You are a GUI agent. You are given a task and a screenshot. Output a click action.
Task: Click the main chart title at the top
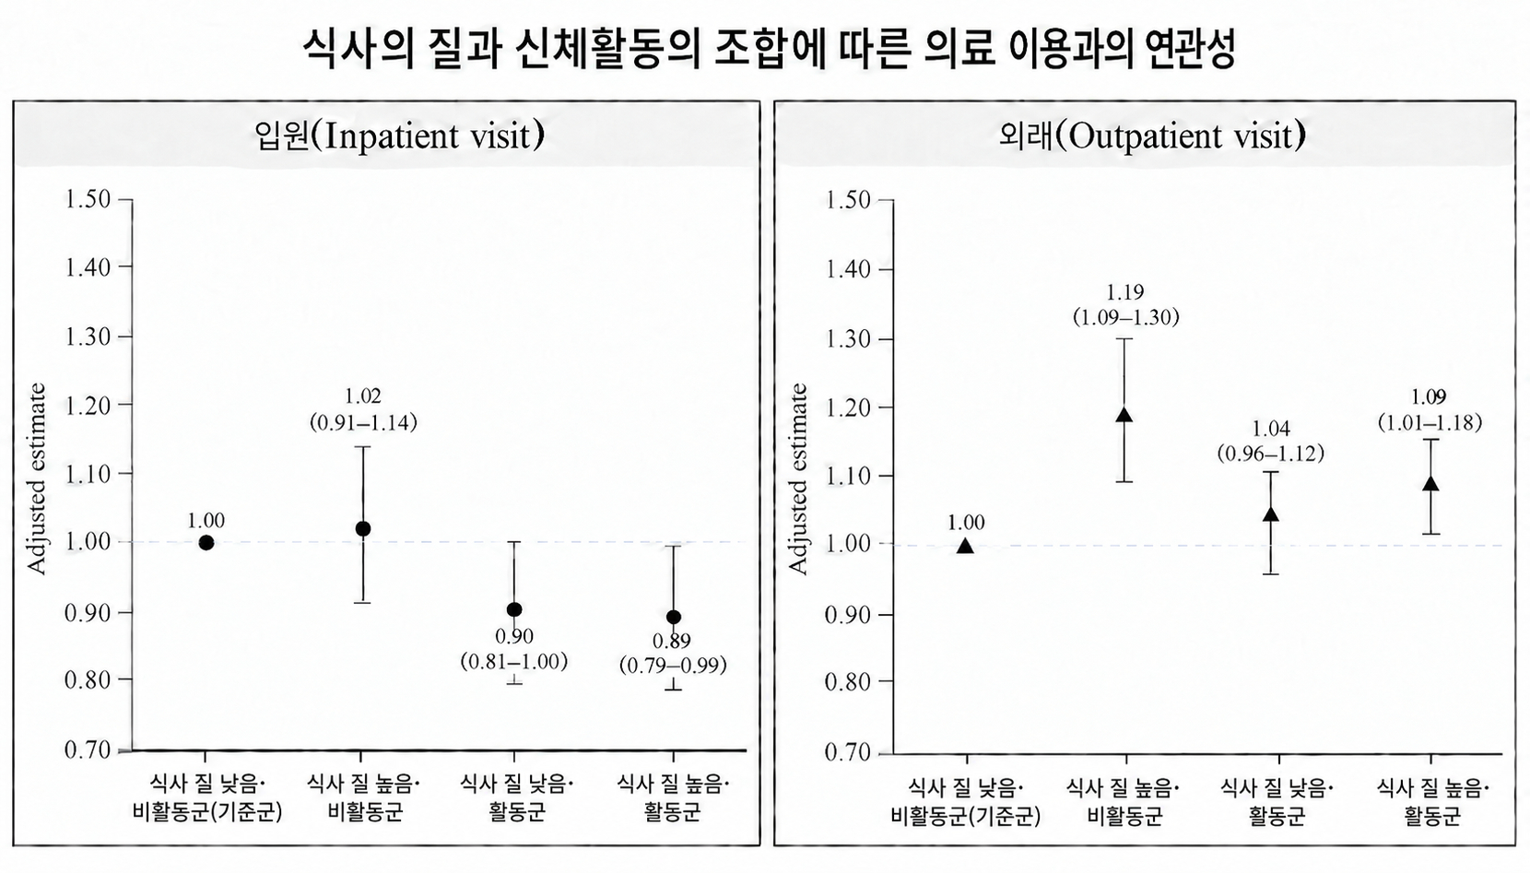[x=769, y=48]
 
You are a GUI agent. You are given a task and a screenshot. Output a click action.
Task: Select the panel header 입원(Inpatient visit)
[x=400, y=136]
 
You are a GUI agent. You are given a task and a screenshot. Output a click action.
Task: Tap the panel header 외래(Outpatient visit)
[x=1152, y=136]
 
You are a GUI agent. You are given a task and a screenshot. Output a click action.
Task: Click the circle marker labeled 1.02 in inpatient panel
[x=363, y=529]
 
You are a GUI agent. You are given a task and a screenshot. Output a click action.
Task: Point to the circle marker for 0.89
[x=674, y=618]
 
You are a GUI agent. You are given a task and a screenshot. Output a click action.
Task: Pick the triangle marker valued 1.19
[x=1124, y=415]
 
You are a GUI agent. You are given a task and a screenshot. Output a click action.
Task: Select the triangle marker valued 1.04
[x=1270, y=514]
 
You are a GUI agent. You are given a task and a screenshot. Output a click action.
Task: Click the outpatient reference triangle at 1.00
[x=965, y=545]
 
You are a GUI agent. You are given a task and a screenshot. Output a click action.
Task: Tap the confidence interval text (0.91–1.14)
[x=363, y=423]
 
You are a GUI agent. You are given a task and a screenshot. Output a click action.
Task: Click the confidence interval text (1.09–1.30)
[x=1125, y=318]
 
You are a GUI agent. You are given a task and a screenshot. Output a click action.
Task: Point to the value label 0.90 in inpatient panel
[x=513, y=637]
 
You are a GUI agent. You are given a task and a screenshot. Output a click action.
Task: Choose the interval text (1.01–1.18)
[x=1430, y=423]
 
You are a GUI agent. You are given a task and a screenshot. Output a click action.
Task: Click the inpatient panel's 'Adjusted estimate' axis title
[x=36, y=478]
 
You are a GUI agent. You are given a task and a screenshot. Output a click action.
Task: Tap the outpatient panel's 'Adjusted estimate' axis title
[x=797, y=478]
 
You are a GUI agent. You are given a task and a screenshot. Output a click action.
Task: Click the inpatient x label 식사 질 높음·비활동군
[x=364, y=797]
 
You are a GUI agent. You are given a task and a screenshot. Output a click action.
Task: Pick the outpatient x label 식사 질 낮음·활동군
[x=1277, y=802]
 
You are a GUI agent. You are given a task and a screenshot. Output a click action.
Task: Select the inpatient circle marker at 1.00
[x=206, y=543]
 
